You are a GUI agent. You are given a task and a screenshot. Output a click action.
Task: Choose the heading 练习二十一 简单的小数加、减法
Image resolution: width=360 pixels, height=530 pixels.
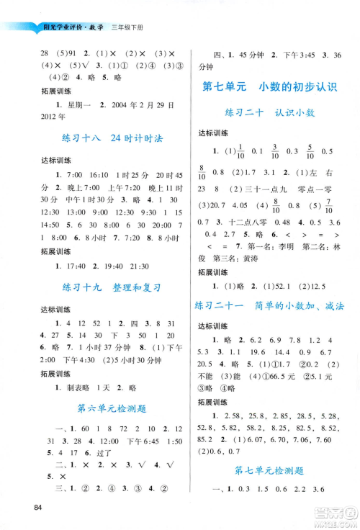point(271,305)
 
